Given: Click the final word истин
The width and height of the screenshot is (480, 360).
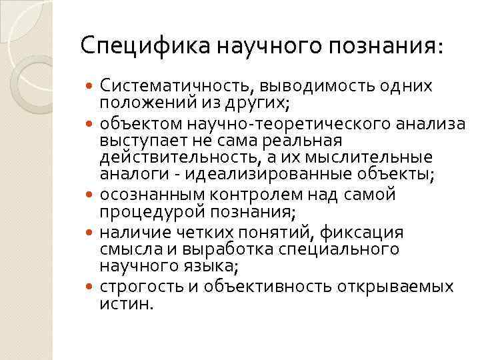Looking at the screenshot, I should pos(127,303).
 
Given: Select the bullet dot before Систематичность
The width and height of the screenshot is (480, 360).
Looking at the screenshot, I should pos(91,87).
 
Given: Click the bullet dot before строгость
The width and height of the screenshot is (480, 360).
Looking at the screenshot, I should pos(91,287).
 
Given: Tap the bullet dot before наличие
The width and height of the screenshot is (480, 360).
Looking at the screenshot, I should pos(91,233).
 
